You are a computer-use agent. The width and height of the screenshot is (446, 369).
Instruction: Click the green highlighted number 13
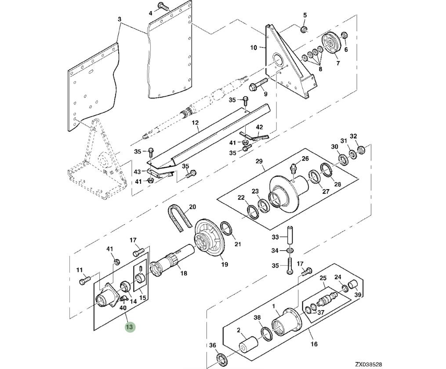pos(130,327)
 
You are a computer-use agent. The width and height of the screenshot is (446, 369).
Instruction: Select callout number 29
pos(259,161)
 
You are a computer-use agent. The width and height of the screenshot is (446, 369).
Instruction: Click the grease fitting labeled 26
pos(294,168)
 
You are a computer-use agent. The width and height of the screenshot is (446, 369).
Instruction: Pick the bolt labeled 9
pos(259,83)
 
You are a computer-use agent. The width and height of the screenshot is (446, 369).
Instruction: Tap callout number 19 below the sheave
pos(225,264)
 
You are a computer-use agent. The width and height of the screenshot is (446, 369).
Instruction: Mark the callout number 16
pos(314,344)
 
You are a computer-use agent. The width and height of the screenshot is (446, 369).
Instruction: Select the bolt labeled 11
pos(84,281)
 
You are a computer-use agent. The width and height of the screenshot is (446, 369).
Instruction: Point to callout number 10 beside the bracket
pos(254,47)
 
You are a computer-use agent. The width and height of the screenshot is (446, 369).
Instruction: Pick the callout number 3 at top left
pos(119,19)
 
